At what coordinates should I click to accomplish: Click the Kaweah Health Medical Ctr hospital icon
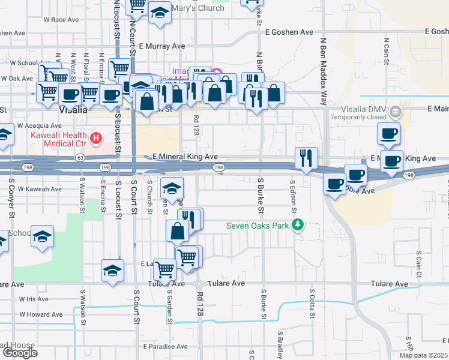[95, 140]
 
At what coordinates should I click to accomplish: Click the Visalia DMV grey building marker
[396, 111]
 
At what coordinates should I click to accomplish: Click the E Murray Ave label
[161, 46]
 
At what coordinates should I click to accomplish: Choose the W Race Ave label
[62, 20]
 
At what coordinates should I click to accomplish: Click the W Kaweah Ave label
[39, 189]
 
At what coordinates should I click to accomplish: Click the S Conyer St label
[11, 201]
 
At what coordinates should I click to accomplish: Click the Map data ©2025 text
[424, 355]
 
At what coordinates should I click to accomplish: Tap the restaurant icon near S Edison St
[307, 158]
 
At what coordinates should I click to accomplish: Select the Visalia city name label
[74, 111]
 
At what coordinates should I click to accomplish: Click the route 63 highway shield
[80, 158]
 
